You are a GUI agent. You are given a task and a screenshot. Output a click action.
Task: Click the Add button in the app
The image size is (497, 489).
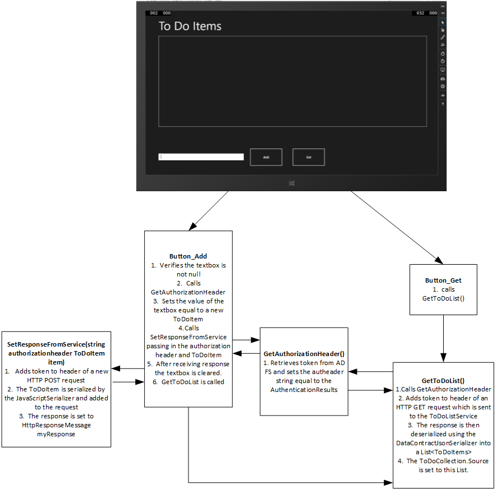(266, 157)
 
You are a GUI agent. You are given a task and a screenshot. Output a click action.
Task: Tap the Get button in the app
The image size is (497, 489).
(309, 157)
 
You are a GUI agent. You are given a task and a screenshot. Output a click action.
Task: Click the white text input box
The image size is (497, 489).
(201, 157)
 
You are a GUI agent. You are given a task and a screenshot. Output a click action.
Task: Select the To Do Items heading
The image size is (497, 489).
(190, 26)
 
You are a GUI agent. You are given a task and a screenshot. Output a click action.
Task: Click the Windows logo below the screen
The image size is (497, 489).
(292, 183)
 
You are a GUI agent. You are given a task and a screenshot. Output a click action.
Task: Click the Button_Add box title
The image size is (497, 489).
(188, 256)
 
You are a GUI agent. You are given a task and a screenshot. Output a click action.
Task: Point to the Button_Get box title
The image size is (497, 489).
(443, 280)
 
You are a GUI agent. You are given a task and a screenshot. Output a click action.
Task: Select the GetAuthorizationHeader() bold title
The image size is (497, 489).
(303, 354)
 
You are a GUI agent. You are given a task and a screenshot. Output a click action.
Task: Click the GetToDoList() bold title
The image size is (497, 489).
(443, 380)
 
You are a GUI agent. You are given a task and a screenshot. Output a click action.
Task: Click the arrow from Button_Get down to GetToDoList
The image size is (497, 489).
(443, 336)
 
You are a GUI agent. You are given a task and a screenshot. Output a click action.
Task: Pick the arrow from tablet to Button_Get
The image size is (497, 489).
(393, 227)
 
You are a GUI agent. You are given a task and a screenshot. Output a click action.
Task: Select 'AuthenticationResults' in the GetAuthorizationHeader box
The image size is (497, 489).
(303, 390)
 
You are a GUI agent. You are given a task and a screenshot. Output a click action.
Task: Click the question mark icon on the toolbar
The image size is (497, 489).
(443, 104)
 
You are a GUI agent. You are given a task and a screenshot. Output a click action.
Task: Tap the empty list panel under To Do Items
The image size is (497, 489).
(292, 81)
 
